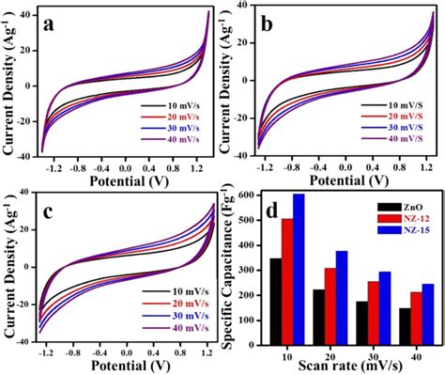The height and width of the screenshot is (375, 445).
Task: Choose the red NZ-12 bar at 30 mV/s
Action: (373, 314)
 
